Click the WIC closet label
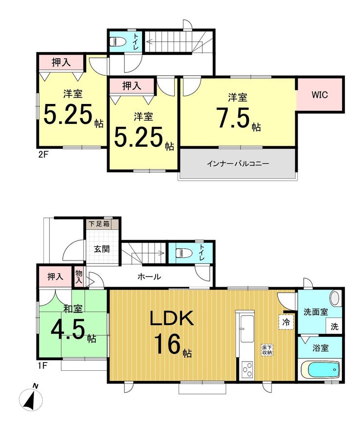pos(320,95)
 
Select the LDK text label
pos(172,319)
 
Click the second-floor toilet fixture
pos(117,42)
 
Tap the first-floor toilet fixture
pos(184,253)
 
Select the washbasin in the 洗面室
pos(335,298)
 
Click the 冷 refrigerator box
pos(286,322)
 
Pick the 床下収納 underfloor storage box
pos(268,349)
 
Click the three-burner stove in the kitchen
pos(247,370)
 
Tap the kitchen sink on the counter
pos(247,329)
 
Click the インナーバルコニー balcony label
pos(238,164)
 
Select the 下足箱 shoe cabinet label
pos(99,224)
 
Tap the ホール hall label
pos(149,276)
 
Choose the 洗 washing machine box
pos(335,327)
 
